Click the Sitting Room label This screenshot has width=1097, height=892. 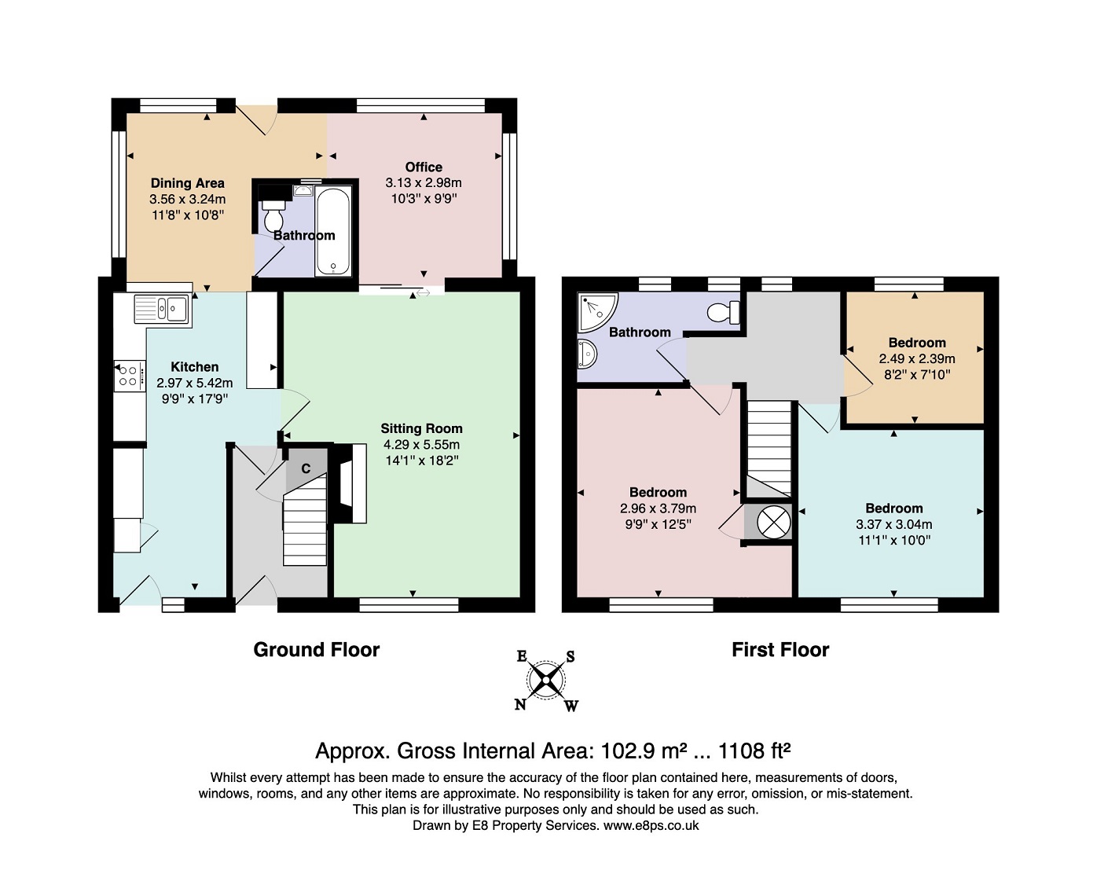[421, 428]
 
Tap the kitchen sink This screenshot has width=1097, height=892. [162, 310]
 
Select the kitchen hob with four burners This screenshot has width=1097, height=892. [130, 376]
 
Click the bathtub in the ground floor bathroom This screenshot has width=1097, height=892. [333, 231]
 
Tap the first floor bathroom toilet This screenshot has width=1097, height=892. [724, 312]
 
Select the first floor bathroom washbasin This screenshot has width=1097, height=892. [586, 354]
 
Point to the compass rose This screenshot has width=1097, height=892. [546, 681]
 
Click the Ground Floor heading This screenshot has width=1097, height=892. [316, 650]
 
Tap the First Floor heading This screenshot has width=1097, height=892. [780, 650]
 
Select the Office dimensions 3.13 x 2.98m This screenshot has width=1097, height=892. [424, 183]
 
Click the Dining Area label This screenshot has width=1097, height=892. [188, 183]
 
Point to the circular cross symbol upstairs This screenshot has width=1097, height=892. [773, 522]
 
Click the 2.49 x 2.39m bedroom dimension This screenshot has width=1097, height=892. [917, 359]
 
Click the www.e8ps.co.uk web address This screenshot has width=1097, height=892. [651, 825]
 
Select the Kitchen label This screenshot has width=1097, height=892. [195, 367]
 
